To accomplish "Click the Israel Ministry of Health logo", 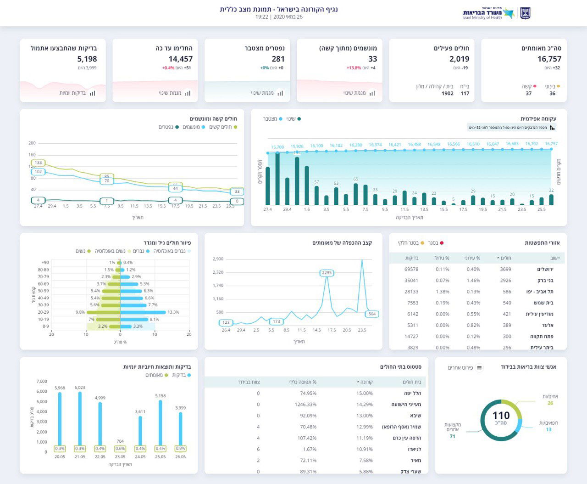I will (x=496, y=13).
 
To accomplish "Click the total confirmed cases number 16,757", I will (x=549, y=59).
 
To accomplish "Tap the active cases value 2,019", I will (x=459, y=59).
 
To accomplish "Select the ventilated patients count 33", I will (x=372, y=59).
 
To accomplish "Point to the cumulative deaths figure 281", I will (x=278, y=59).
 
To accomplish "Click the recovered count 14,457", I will (x=180, y=59).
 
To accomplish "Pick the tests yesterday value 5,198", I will (x=87, y=59).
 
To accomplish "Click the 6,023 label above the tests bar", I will (x=80, y=388).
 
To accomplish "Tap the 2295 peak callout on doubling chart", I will (x=327, y=273).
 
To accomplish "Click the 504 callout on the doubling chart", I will (x=372, y=314).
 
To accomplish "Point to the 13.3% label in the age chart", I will (x=173, y=312).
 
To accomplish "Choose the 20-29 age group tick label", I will (x=43, y=312).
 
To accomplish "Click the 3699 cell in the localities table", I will (x=505, y=270).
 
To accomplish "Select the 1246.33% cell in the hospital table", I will (x=305, y=405).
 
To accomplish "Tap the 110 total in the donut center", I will (x=501, y=416).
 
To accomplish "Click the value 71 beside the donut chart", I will (x=452, y=436).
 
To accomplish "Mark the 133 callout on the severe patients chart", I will (x=38, y=163).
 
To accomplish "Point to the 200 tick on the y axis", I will (x=32, y=143).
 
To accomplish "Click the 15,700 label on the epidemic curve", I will (x=277, y=147).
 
